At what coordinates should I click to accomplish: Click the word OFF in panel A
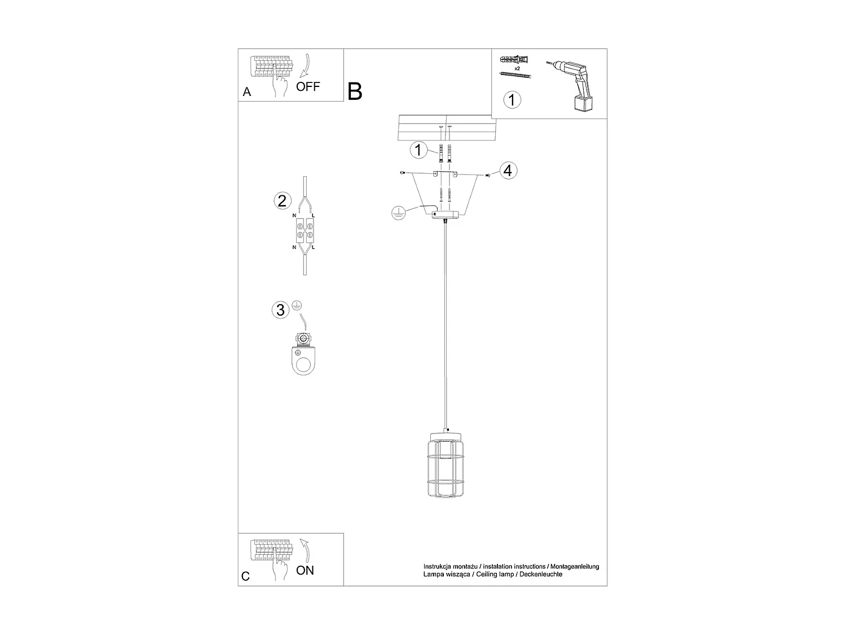tap(308, 86)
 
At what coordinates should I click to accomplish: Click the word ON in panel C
tap(305, 570)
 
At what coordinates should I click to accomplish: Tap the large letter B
tap(355, 91)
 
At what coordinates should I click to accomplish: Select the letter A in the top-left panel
tap(246, 92)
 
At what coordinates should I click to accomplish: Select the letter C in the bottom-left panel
tap(245, 576)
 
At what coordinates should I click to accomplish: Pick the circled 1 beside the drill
tap(512, 100)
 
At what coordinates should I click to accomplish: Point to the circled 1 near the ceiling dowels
tap(418, 150)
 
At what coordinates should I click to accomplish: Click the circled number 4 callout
tap(508, 170)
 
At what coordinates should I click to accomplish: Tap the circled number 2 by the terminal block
tap(282, 200)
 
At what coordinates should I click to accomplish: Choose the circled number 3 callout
tap(280, 310)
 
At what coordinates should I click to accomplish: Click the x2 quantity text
tap(517, 68)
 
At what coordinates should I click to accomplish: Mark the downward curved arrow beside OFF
tap(306, 65)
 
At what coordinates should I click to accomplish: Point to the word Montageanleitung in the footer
tap(575, 566)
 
